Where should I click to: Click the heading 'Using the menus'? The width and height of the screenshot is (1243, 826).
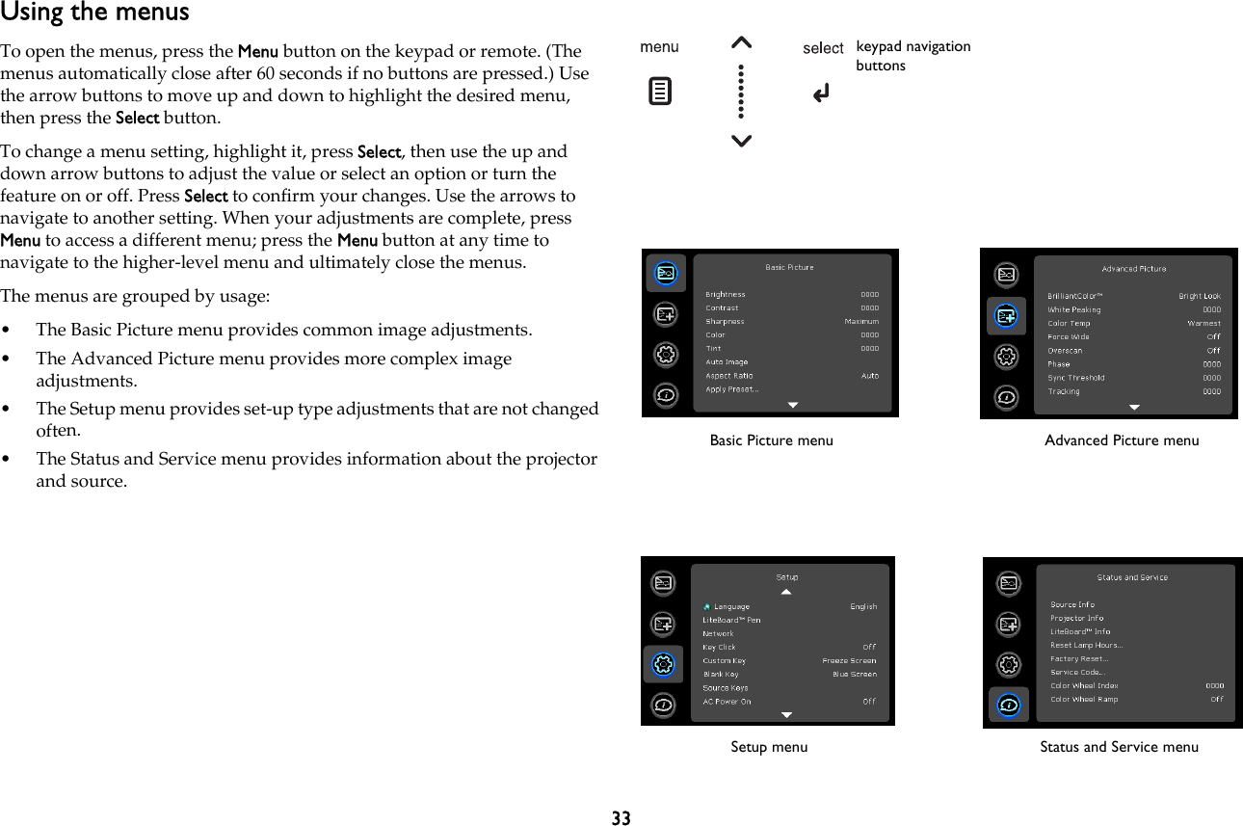[94, 13]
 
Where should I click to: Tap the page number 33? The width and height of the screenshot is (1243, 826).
[621, 818]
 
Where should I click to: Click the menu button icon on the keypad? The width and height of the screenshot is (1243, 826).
[660, 93]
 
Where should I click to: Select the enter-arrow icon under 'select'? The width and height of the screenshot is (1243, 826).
[821, 93]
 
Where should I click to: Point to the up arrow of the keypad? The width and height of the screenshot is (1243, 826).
[741, 42]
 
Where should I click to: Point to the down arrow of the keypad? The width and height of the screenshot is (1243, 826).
[741, 142]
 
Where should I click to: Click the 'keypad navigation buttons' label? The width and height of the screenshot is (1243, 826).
[912, 56]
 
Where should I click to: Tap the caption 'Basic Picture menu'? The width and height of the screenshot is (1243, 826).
[771, 440]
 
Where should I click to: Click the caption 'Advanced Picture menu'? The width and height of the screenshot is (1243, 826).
[1122, 440]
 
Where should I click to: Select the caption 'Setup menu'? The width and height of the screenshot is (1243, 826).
[769, 747]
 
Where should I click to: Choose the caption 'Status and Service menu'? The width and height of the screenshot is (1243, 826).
[1119, 747]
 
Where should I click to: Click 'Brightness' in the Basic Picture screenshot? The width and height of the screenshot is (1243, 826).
[726, 294]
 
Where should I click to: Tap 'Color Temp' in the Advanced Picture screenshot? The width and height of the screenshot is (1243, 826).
[1069, 324]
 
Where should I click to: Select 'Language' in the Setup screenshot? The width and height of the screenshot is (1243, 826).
[731, 606]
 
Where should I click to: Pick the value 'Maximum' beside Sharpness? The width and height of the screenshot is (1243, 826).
[861, 321]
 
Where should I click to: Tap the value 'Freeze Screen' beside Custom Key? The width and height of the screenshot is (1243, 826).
[849, 660]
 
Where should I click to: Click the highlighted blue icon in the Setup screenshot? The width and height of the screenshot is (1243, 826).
[663, 664]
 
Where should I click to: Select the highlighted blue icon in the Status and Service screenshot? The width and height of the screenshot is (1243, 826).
[1008, 706]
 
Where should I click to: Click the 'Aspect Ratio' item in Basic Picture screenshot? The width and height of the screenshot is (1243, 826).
[729, 375]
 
